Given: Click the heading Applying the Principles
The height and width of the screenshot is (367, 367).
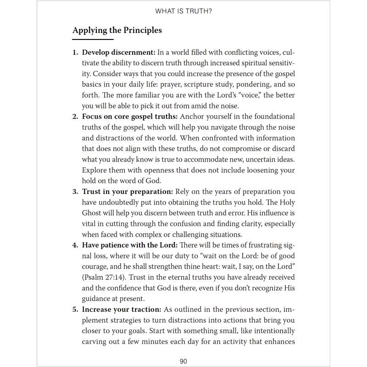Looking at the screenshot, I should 117,31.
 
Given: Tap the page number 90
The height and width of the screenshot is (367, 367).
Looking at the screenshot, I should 183,361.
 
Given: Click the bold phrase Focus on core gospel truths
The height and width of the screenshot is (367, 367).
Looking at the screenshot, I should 130,117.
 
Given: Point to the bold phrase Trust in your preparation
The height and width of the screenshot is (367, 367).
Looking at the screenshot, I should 126,191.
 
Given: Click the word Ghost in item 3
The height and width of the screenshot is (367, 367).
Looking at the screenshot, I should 92,213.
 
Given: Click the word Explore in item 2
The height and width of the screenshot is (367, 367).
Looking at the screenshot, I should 96,170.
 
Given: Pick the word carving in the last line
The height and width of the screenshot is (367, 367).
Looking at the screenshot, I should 96,341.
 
